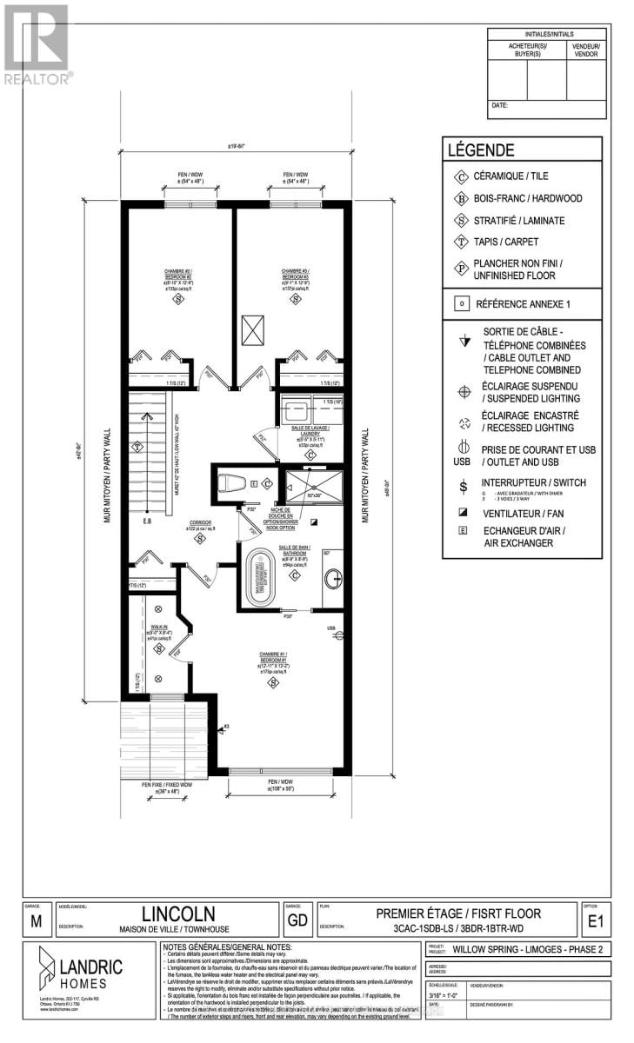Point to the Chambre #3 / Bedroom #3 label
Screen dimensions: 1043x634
tap(294, 277)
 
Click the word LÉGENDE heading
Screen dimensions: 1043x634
tap(480, 149)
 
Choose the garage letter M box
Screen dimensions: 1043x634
tap(34, 923)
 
